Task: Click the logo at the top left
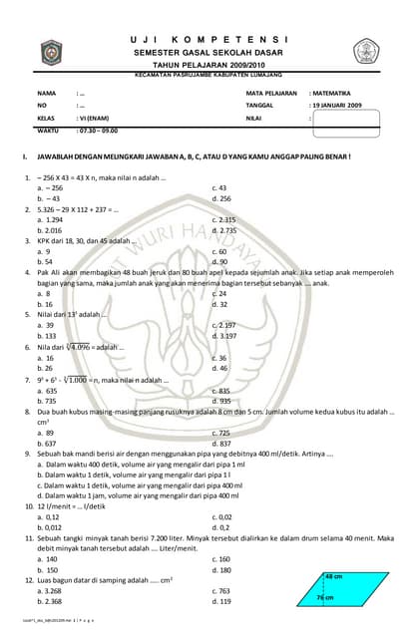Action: point(50,52)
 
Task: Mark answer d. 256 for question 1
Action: point(221,198)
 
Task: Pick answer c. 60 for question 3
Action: point(219,251)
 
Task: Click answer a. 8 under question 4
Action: point(43,293)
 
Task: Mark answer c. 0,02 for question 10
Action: point(223,517)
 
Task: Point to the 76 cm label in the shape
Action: point(324,597)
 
